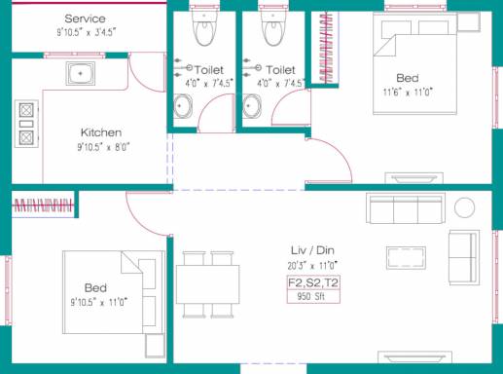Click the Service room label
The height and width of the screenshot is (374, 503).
[85, 19]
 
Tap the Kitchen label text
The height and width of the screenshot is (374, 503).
[101, 132]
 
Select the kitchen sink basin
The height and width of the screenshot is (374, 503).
[81, 73]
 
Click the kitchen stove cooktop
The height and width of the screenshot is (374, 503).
[26, 124]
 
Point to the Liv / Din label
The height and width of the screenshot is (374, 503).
[312, 250]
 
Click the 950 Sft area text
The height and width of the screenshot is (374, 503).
[311, 296]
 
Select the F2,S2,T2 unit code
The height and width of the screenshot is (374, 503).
[313, 282]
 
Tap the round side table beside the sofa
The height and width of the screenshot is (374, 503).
[464, 207]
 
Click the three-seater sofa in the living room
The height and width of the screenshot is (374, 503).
[406, 208]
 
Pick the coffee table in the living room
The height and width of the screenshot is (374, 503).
[406, 258]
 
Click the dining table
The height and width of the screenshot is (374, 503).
[208, 284]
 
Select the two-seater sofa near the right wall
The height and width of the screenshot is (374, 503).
[464, 258]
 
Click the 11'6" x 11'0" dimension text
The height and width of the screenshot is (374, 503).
[408, 93]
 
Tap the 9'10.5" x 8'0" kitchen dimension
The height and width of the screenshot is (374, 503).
[103, 147]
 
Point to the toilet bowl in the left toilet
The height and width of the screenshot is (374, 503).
[204, 25]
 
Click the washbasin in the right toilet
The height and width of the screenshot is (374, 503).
[251, 106]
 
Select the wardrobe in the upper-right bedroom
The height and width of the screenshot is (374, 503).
[325, 48]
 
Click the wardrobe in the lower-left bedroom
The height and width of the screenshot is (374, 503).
[44, 206]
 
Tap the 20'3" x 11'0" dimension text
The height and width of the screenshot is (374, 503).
[312, 266]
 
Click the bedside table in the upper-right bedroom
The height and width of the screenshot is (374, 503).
[468, 22]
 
